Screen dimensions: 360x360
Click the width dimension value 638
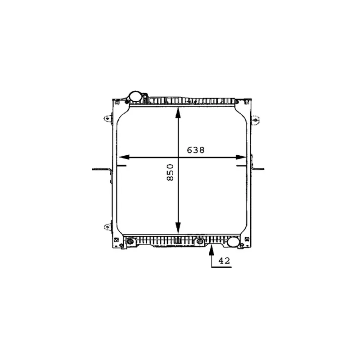click(196, 150)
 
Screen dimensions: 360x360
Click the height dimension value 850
click(170, 172)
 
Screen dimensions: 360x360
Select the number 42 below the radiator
click(224, 261)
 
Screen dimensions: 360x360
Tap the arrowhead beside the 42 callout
click(211, 250)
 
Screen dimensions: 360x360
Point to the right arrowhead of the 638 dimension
click(241, 157)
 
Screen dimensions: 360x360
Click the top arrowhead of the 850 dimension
click(178, 113)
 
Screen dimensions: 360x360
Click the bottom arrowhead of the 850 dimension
click(178, 228)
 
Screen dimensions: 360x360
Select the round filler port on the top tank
click(135, 96)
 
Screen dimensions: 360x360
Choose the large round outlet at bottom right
click(234, 242)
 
